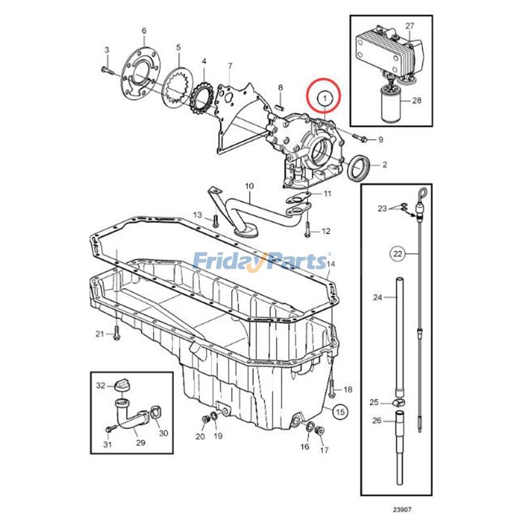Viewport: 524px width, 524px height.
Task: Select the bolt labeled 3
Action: tap(107, 67)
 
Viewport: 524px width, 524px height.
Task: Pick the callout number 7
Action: tap(230, 65)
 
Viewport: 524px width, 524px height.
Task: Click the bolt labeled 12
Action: tap(306, 229)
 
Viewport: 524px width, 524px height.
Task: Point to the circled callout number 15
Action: tap(339, 412)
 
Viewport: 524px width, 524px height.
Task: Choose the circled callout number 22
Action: tap(398, 252)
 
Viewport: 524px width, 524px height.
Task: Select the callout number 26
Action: tap(376, 420)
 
